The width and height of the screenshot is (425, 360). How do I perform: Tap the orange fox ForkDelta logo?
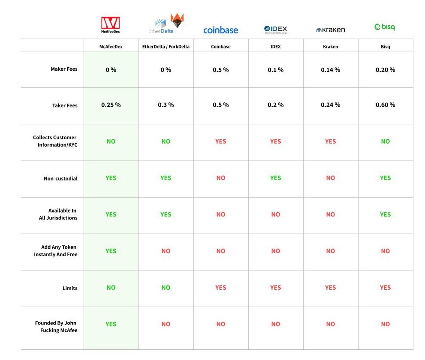(177, 21)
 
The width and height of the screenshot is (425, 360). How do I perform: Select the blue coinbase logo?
(220, 30)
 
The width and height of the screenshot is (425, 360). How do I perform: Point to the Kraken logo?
(330, 30)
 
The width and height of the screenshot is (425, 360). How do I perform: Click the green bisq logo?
(385, 27)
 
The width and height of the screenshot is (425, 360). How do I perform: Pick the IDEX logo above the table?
(276, 29)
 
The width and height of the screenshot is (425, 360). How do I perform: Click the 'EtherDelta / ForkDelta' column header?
(166, 47)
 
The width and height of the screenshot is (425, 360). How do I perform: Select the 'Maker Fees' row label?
(64, 69)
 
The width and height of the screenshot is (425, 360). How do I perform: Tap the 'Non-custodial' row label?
(60, 178)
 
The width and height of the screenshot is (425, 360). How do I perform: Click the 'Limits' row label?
(70, 288)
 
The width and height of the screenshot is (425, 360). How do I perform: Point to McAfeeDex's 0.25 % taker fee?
(111, 105)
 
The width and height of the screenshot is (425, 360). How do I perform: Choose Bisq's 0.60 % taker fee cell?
(385, 105)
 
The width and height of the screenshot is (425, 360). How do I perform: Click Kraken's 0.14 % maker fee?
(330, 70)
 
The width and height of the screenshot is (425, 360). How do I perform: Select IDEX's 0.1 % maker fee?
(275, 70)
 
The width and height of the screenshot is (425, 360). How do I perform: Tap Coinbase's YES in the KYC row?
(220, 141)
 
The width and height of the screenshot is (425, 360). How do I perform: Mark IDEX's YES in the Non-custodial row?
(275, 178)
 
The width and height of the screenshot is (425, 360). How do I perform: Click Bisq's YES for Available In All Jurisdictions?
(385, 214)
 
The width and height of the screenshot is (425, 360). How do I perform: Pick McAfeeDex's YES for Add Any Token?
(111, 251)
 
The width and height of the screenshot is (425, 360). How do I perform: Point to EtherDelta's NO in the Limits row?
(166, 288)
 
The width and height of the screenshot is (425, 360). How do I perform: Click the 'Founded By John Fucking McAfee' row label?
(56, 327)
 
